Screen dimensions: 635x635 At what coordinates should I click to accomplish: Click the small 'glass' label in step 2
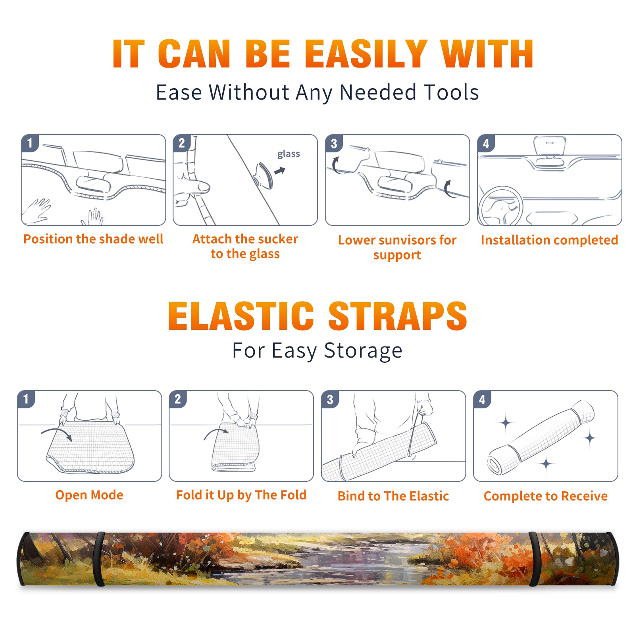pyautogui.click(x=289, y=154)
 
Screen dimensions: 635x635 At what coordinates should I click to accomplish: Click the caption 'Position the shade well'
pyautogui.click(x=93, y=239)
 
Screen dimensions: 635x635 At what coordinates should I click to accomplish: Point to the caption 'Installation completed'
pyautogui.click(x=549, y=240)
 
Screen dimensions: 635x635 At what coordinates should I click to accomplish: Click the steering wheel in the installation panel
pyautogui.click(x=500, y=206)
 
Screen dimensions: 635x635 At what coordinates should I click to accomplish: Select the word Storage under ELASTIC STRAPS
pyautogui.click(x=363, y=351)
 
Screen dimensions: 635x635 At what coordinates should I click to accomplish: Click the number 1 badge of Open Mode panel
pyautogui.click(x=26, y=399)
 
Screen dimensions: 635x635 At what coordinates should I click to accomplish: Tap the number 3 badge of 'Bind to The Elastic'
pyautogui.click(x=330, y=399)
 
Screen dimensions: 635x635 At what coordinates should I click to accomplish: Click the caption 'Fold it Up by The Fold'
pyautogui.click(x=241, y=495)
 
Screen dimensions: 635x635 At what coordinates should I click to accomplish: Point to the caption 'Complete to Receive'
pyautogui.click(x=546, y=496)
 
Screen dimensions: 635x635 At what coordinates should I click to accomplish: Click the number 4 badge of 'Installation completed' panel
pyautogui.click(x=486, y=143)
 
